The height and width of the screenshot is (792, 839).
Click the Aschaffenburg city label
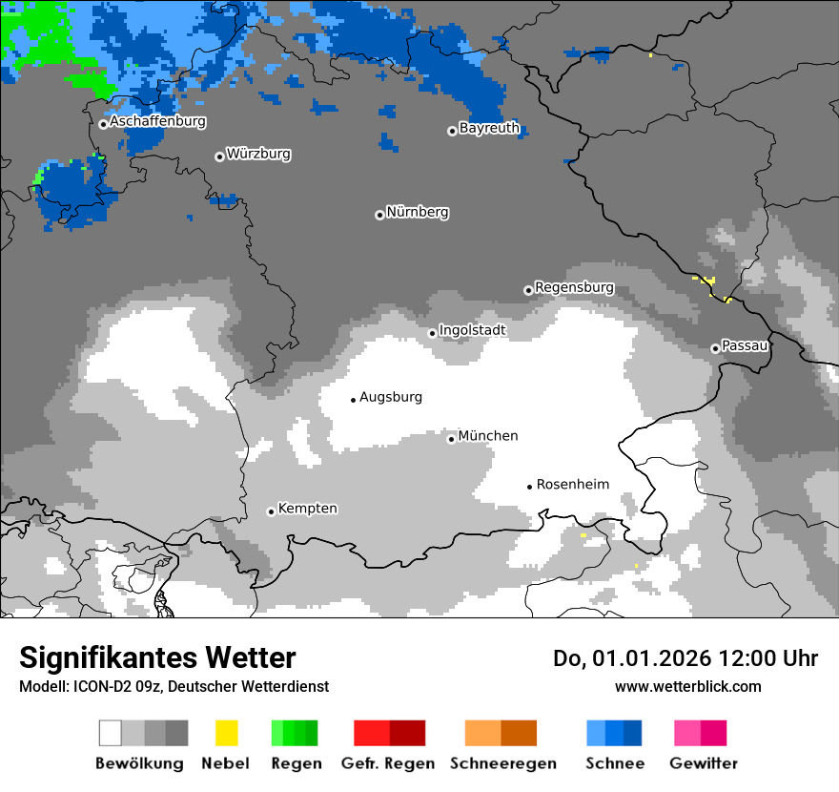pos(157,122)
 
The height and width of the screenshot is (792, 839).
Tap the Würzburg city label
pos(258,154)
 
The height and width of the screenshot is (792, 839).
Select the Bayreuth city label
pos(489,128)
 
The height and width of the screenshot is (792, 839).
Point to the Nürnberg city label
pos(418,212)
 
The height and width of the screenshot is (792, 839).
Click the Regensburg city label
pos(574,287)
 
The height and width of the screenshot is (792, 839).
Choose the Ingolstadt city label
pos(472,330)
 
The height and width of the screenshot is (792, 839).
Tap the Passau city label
pos(746,345)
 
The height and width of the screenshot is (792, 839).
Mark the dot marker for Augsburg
pos(353,400)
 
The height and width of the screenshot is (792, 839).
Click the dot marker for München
pos(452,439)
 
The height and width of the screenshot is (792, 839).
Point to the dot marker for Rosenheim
pos(529,487)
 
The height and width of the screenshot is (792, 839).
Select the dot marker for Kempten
pos(271,511)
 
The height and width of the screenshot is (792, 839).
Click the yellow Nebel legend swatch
pos(226,733)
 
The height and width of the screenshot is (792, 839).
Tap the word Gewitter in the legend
pos(704,763)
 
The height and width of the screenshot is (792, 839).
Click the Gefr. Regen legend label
pos(388,763)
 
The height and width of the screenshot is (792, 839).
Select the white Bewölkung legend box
pos(111,733)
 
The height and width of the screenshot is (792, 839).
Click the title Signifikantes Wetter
pos(157,658)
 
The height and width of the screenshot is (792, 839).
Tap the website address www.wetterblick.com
pos(687,686)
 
